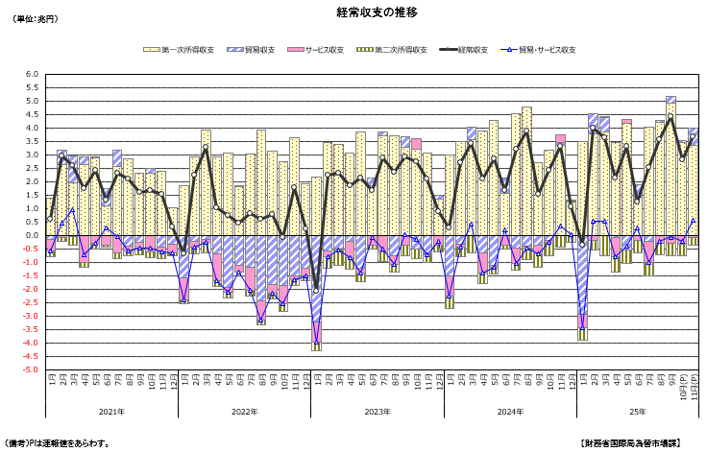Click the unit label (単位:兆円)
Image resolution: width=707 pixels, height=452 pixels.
[x=36, y=18]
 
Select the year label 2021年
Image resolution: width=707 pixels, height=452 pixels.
[x=112, y=412]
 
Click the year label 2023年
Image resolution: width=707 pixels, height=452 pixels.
[x=378, y=412]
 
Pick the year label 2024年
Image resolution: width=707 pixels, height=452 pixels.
[x=510, y=412]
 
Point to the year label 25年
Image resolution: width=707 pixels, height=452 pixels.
[x=638, y=412]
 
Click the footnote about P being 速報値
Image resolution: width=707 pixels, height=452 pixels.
[x=58, y=443]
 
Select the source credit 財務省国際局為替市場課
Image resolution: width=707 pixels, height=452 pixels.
[x=631, y=443]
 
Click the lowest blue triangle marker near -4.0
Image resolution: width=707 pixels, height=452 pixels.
[x=316, y=343]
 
